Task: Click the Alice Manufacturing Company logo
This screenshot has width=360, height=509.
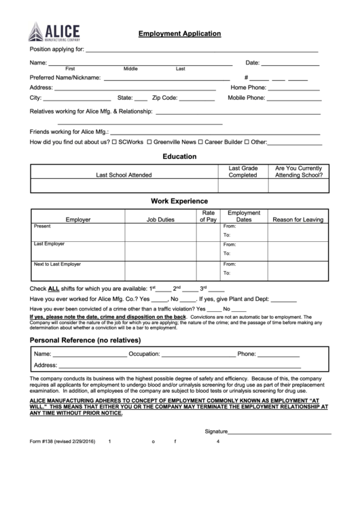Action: [54, 33]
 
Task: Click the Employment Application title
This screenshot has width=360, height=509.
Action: [179, 33]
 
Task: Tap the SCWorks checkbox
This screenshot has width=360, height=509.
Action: [114, 143]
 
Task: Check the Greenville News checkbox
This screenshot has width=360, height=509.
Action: [149, 143]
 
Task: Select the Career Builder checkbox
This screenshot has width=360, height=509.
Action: [201, 143]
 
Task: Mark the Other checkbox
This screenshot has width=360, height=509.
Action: [247, 143]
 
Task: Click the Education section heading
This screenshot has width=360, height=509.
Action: [179, 156]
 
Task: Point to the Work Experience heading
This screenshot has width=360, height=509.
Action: [179, 201]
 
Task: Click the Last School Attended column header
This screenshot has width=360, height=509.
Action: [124, 175]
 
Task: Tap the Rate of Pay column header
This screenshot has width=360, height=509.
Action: [209, 216]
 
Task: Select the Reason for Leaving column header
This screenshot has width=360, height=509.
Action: [298, 220]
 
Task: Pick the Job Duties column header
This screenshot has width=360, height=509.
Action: [160, 220]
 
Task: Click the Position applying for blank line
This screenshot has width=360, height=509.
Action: [202, 50]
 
